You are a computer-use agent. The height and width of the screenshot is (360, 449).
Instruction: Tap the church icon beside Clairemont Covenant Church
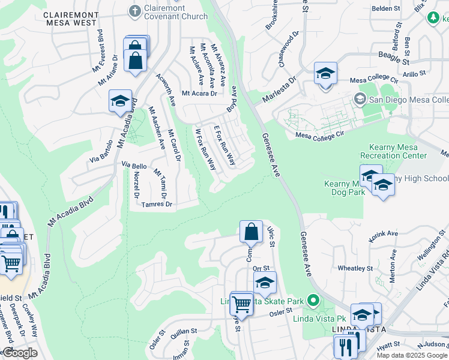point(134,10)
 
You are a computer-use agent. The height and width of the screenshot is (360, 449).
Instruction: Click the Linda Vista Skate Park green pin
point(312,299)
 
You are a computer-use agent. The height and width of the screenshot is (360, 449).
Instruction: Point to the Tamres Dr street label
point(157,205)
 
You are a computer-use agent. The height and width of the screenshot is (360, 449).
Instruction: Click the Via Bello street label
point(134,164)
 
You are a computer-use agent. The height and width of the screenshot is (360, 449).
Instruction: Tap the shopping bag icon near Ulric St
point(251,231)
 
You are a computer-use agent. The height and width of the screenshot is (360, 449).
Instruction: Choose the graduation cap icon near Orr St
point(265,282)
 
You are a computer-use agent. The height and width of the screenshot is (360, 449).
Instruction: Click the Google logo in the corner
point(20,353)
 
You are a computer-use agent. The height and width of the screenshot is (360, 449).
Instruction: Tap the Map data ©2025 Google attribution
point(412,355)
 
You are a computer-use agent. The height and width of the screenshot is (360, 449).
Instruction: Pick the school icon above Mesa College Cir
point(325,74)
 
